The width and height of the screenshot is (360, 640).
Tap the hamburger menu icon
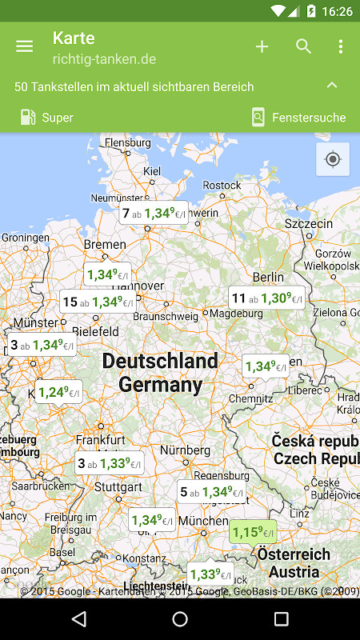[x=25, y=46]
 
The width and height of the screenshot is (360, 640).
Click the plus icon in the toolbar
[x=262, y=46]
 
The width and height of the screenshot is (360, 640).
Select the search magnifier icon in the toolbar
[x=304, y=46]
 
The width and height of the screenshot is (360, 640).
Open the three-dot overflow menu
[x=340, y=46]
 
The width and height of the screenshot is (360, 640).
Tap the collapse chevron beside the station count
[x=332, y=86]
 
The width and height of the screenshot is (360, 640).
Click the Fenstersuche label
[x=308, y=118]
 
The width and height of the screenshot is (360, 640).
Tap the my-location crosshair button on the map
[x=333, y=159]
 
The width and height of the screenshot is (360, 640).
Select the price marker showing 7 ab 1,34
[x=154, y=214]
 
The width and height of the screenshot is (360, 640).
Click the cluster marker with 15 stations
[x=98, y=302]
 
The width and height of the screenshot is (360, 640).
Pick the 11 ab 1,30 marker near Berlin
[x=266, y=298]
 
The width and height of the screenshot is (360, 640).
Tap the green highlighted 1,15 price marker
[x=253, y=532]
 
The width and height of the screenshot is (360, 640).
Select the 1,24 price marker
[x=58, y=392]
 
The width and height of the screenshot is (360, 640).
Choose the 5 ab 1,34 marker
[x=210, y=492]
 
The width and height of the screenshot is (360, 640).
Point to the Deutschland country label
[x=160, y=362]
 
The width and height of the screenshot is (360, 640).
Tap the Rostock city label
[x=222, y=185]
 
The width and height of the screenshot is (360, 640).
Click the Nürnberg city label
[x=185, y=450]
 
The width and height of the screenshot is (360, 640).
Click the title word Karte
[x=74, y=38]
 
